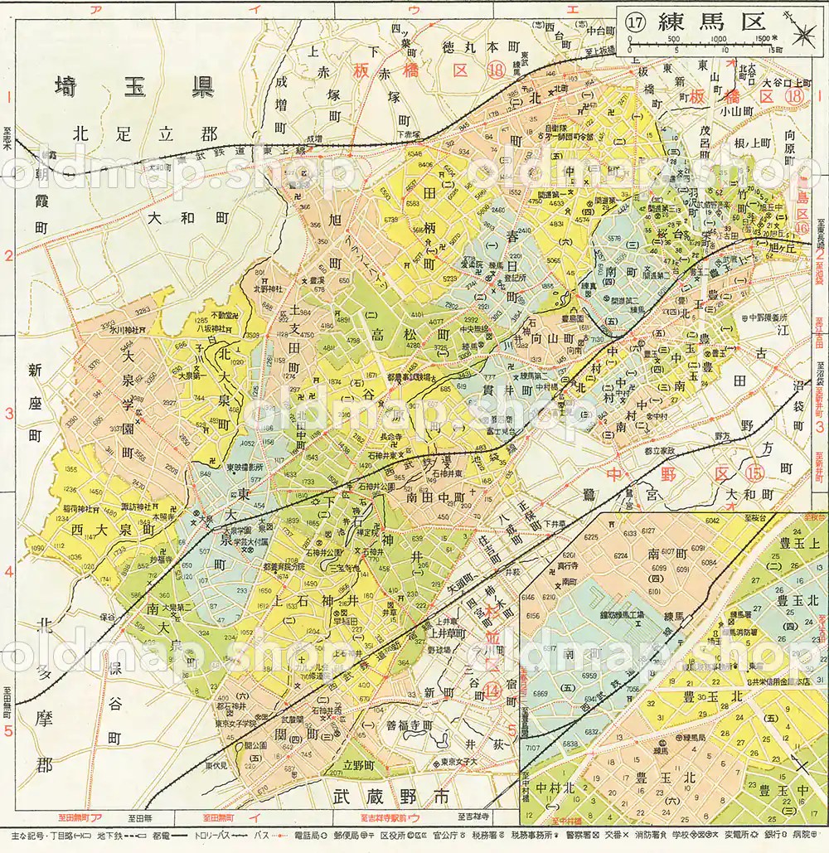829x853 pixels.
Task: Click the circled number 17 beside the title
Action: click(x=636, y=23)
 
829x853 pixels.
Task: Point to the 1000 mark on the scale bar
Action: click(x=718, y=39)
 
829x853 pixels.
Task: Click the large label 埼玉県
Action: click(x=133, y=87)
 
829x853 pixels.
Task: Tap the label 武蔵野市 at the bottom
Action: click(x=390, y=797)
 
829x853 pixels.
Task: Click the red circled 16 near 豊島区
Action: click(x=802, y=226)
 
